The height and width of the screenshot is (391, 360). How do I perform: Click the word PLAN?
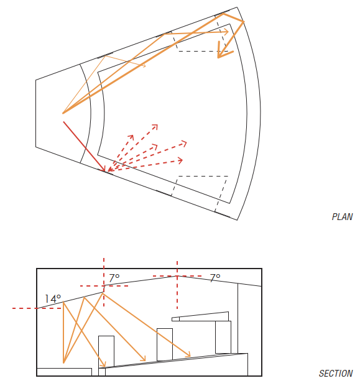click(x=342, y=217)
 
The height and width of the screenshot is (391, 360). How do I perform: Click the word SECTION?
click(x=336, y=374)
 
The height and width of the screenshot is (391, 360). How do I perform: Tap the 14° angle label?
click(x=53, y=299)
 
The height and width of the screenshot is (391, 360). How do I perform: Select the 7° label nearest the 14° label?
click(x=114, y=278)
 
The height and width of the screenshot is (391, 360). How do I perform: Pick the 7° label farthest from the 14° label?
click(x=215, y=278)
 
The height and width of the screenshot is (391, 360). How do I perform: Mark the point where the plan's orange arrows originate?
click(x=63, y=113)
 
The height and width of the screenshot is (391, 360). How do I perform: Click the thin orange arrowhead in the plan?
click(x=144, y=65)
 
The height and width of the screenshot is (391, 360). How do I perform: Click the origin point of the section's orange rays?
click(x=63, y=362)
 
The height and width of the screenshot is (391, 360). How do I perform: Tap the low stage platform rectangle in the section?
click(x=64, y=372)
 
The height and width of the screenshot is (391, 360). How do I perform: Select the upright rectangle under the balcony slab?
click(x=223, y=337)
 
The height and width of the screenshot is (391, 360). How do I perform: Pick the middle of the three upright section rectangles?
click(x=165, y=344)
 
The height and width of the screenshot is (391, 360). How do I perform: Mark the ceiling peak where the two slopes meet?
click(x=177, y=276)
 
